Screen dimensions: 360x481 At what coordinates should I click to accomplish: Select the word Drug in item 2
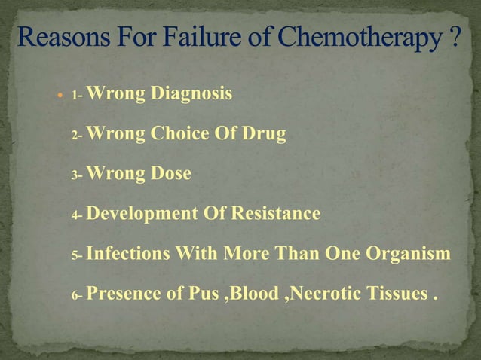265,135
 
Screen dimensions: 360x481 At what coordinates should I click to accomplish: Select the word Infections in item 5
128,254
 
